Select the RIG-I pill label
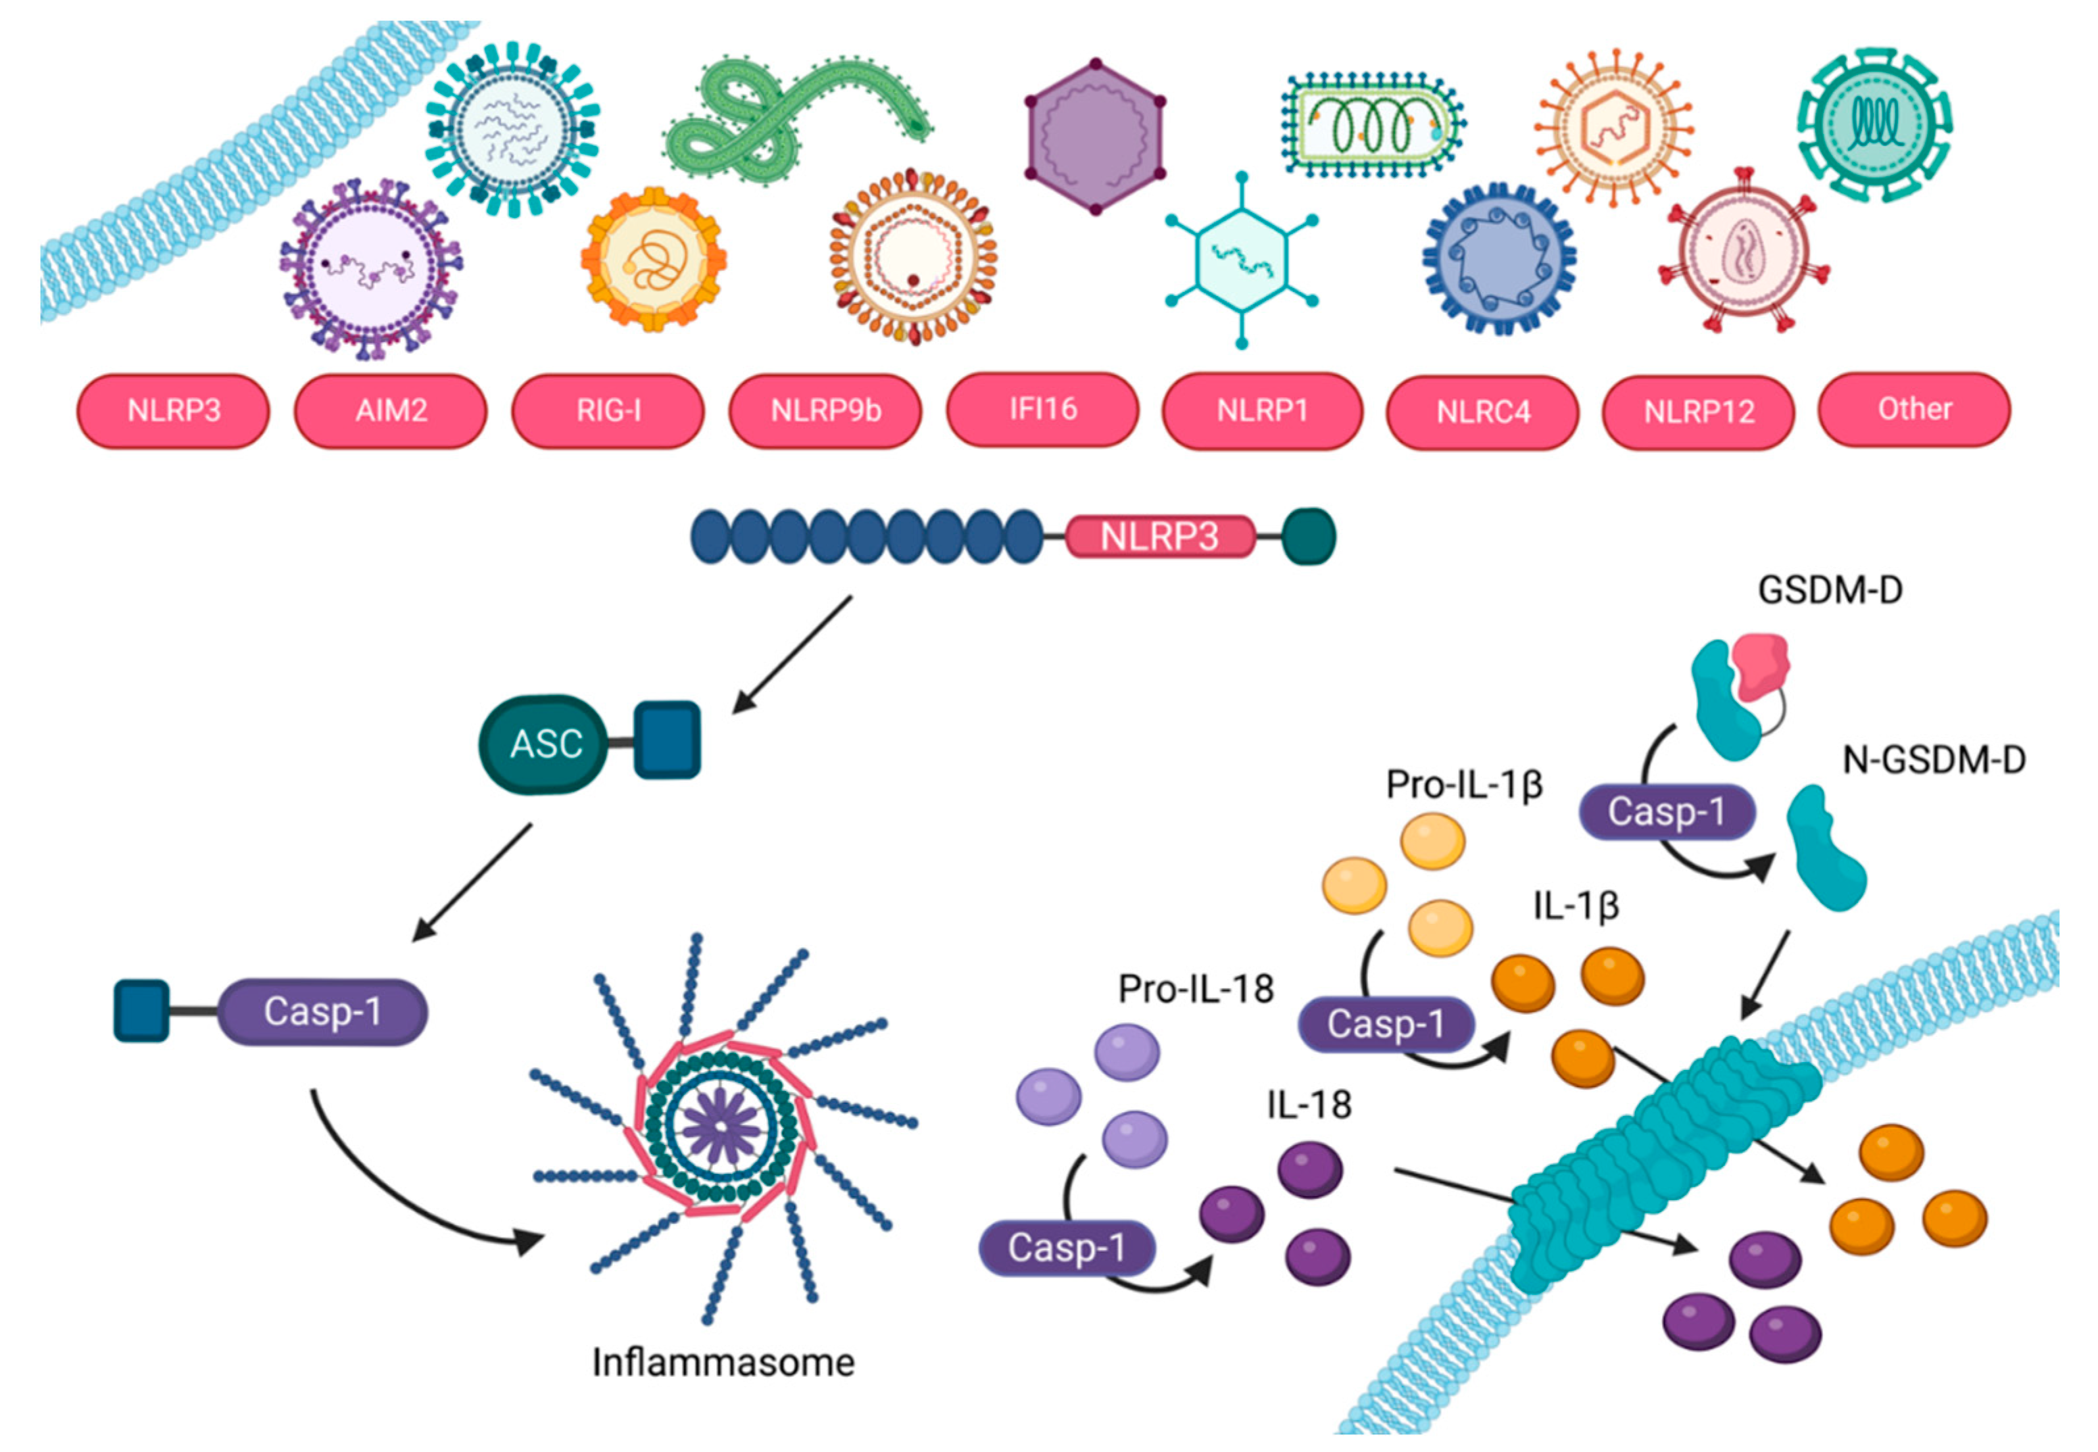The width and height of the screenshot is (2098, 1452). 608,410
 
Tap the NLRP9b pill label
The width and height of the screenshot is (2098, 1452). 825,410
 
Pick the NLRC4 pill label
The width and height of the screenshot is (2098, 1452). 1483,412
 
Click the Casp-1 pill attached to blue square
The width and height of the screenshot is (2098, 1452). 322,1011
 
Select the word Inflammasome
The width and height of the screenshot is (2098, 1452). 723,1362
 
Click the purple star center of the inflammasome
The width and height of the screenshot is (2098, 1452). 721,1126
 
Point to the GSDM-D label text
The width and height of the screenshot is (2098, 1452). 1830,591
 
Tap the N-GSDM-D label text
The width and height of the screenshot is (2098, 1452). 1934,760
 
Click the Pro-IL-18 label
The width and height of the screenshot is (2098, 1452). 1196,989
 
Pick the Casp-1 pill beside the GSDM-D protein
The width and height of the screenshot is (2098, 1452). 1666,811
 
